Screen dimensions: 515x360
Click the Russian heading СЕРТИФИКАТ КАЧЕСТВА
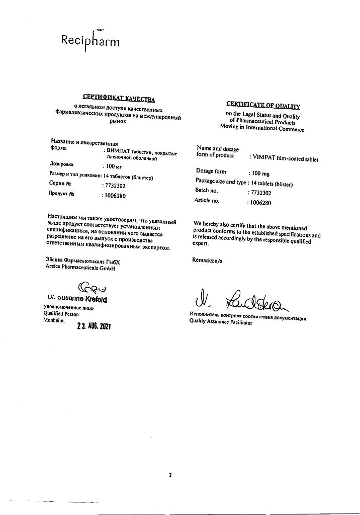click(119, 98)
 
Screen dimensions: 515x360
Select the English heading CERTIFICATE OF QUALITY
click(263, 106)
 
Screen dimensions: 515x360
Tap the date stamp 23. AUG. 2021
click(93, 325)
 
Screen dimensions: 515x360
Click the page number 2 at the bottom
click(170, 475)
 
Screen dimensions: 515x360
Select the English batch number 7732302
click(260, 192)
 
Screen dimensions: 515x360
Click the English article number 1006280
click(260, 203)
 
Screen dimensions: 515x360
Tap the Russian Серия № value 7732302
click(114, 186)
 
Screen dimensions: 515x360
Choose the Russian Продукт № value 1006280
click(114, 195)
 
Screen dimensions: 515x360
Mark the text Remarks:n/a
click(208, 260)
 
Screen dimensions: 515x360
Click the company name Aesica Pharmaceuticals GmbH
click(80, 269)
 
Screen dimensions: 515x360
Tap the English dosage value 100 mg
click(261, 173)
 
